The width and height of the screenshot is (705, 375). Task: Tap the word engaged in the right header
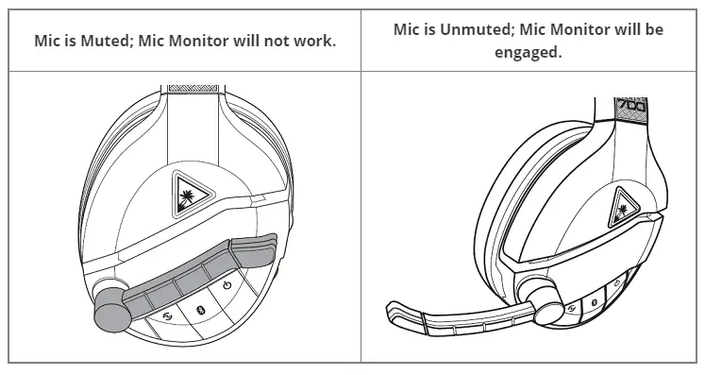point(528,53)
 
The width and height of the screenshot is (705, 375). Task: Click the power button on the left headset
point(227,284)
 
